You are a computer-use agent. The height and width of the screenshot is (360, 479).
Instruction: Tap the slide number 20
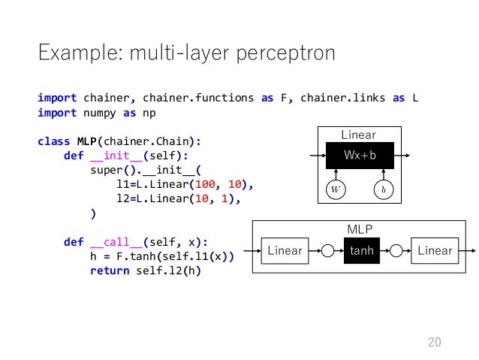[433, 343]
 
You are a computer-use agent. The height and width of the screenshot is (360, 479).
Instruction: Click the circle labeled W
[334, 189]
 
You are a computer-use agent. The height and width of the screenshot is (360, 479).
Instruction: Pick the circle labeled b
[383, 189]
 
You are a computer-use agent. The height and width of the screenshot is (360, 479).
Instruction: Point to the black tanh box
[362, 250]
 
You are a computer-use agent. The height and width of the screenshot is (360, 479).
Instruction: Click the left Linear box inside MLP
[285, 250]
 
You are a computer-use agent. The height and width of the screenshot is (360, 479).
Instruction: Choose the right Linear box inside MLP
[435, 250]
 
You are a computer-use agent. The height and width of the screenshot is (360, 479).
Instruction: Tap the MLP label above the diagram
[359, 228]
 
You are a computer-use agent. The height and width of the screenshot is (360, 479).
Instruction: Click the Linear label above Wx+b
[358, 135]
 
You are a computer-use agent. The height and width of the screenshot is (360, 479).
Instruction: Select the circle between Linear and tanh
[328, 250]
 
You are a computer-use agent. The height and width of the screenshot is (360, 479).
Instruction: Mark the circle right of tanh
[396, 250]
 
